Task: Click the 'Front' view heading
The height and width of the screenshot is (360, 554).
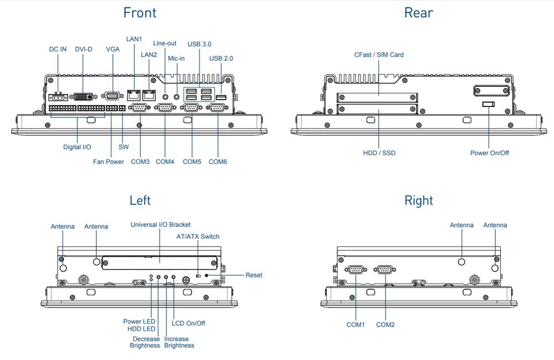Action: tap(140, 13)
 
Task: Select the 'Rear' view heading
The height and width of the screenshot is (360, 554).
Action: tap(418, 13)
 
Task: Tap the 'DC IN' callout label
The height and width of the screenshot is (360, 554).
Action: tap(58, 49)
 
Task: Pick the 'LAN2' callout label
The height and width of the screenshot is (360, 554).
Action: tap(149, 55)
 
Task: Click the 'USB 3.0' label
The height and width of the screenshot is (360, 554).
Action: tap(199, 44)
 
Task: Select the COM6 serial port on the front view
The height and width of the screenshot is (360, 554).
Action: tap(217, 108)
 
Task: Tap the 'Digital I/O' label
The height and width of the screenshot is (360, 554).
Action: tap(77, 147)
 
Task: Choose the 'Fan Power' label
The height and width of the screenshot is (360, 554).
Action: tap(109, 162)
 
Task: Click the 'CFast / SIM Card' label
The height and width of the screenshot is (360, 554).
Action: tap(379, 55)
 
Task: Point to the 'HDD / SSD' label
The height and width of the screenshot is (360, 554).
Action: tap(379, 153)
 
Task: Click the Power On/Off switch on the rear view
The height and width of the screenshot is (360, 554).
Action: tap(489, 105)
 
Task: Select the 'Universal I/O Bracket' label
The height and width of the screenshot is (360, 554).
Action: tap(161, 224)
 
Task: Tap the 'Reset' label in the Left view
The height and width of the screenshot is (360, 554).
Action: tap(254, 275)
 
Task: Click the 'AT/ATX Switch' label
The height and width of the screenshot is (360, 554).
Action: tap(198, 236)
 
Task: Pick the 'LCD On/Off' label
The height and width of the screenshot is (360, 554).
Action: tap(188, 323)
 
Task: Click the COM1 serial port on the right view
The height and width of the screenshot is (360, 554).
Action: tap(355, 270)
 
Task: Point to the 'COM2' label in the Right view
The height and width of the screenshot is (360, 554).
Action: tap(386, 325)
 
